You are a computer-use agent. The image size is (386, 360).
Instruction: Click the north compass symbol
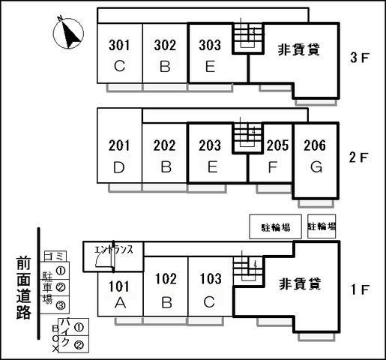pos(68,33)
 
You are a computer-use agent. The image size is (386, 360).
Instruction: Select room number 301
pos(119,45)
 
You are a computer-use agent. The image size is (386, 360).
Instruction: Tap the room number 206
pos(315,145)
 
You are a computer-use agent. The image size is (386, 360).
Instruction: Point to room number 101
pos(119,286)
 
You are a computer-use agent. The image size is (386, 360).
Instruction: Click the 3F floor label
pos(359,57)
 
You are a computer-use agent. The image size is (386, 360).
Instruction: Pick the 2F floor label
pos(359,157)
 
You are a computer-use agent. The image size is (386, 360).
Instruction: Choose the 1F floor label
pos(359,289)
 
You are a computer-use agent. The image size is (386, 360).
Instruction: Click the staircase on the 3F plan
pos(248,38)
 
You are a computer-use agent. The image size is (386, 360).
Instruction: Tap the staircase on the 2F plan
pos(248,138)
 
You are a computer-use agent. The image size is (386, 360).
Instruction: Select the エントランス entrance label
pos(114,250)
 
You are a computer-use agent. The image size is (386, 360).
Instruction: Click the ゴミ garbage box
pos(55,256)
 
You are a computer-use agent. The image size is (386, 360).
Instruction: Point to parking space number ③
pos(61,305)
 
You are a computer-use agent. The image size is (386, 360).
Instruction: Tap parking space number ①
pos(61,271)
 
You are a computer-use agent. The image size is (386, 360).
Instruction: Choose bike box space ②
pos(79,345)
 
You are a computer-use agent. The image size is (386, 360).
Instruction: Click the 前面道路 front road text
pos(24,287)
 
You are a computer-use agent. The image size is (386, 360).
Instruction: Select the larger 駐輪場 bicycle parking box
pos(276,226)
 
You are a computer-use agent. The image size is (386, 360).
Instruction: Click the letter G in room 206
pos(316,167)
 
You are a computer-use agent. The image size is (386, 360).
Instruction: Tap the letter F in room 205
pos(273,167)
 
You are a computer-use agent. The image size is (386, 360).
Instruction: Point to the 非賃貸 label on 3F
pos(299,49)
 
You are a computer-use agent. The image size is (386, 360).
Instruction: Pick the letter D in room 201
pos(119,167)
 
